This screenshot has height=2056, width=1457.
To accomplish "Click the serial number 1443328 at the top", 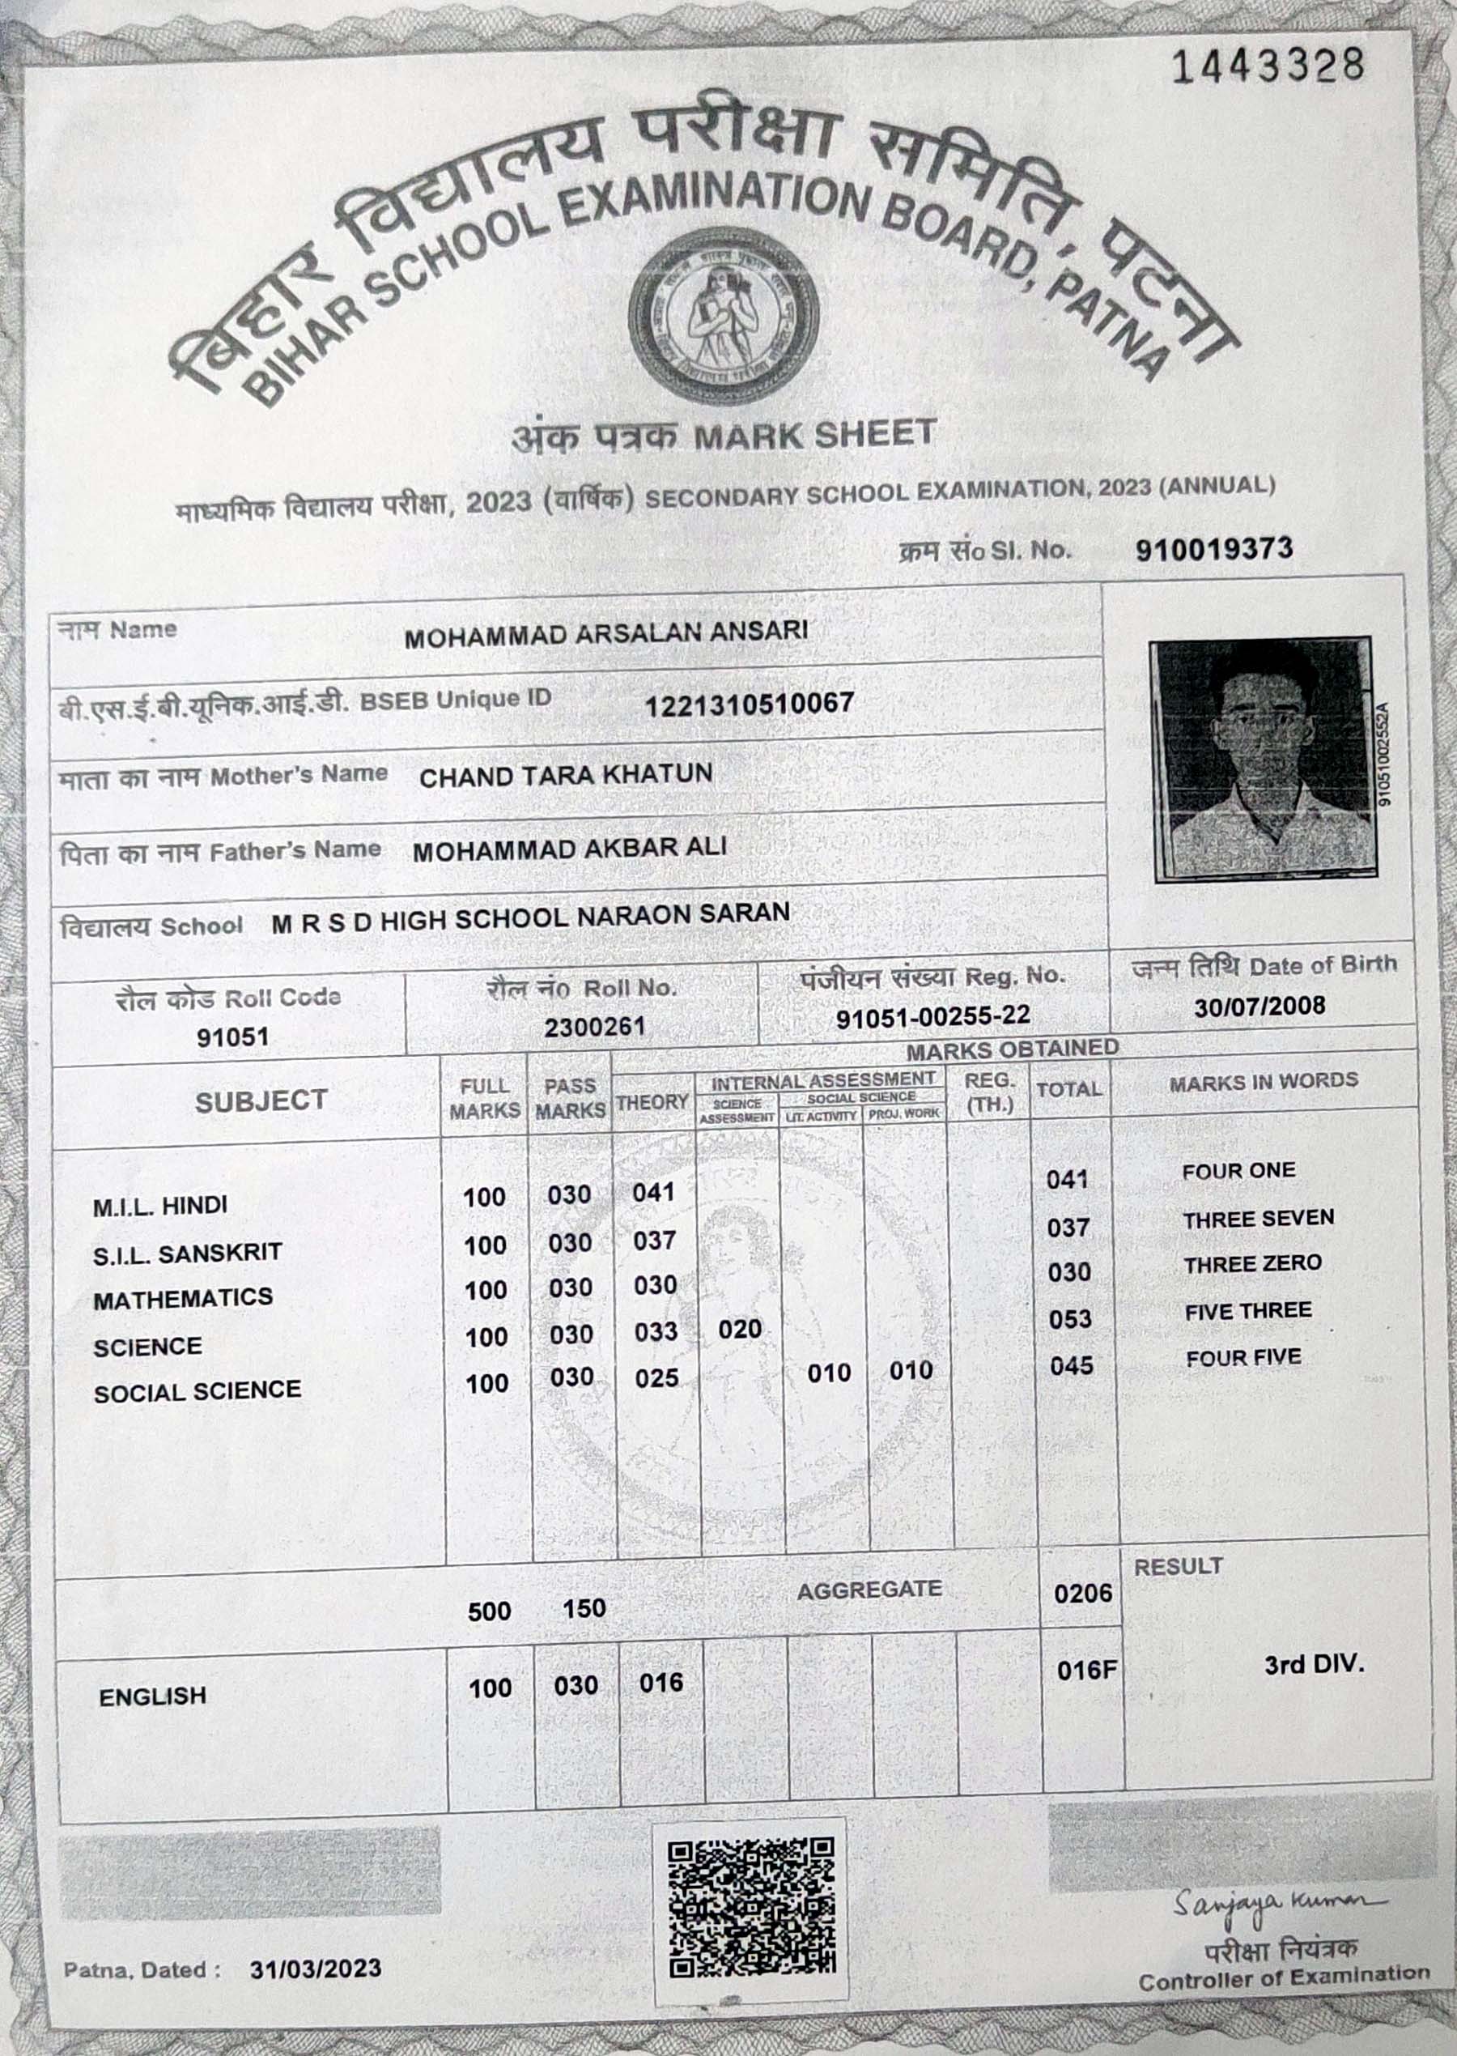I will [x=1268, y=66].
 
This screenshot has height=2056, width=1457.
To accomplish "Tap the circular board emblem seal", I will [x=723, y=316].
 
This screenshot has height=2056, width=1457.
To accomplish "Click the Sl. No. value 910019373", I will [x=1214, y=549].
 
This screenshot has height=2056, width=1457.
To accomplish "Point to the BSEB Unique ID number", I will [x=749, y=704].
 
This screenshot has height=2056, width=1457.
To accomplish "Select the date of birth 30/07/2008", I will [x=1259, y=1006].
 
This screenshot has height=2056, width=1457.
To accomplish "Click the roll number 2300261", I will [x=594, y=1027].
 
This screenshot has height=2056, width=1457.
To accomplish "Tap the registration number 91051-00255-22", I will [x=933, y=1018].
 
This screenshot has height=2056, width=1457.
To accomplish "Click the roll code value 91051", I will [x=232, y=1037].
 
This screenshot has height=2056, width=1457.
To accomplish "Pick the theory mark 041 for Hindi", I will [x=653, y=1193].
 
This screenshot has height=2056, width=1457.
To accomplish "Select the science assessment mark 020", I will [x=739, y=1329].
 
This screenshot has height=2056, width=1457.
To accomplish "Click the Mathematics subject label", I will [x=183, y=1299].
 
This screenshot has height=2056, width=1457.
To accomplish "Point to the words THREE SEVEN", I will [x=1258, y=1219].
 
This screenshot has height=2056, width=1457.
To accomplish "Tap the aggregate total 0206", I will [x=1083, y=1593].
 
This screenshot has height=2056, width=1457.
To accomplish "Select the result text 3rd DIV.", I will [x=1314, y=1665].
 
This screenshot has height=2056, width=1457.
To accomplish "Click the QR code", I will [x=751, y=1906].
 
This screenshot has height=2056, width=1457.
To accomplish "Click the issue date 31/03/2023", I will [x=316, y=1969].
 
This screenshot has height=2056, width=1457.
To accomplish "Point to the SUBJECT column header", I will [x=261, y=1101].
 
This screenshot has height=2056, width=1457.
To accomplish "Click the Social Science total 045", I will [x=1071, y=1366].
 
